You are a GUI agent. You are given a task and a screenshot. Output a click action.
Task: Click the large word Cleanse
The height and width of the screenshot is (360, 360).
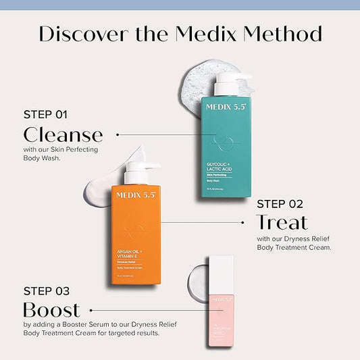pyautogui.click(x=63, y=134)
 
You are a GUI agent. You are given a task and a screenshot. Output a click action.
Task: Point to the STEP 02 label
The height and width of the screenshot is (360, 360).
pyautogui.click(x=280, y=203)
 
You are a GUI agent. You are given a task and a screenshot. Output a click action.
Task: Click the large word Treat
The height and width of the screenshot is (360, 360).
pyautogui.click(x=282, y=222)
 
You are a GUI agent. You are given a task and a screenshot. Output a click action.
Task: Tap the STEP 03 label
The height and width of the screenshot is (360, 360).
pyautogui.click(x=46, y=291)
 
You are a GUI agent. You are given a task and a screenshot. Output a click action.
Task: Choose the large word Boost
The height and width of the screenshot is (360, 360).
pyautogui.click(x=51, y=310)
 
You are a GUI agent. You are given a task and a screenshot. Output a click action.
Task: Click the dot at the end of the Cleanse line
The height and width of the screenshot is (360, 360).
pyautogui.click(x=118, y=134)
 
